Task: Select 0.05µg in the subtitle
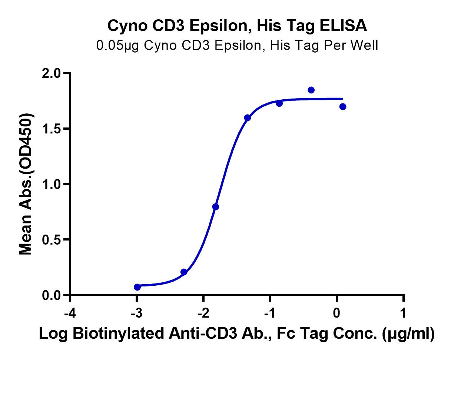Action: click(x=117, y=46)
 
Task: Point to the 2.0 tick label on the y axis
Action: click(x=52, y=73)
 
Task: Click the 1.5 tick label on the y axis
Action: click(x=52, y=129)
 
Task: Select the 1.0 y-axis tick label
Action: click(x=52, y=184)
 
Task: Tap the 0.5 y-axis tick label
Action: click(x=52, y=240)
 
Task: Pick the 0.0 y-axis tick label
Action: click(x=52, y=295)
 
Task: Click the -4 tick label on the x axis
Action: click(x=70, y=313)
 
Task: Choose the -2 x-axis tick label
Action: click(x=203, y=313)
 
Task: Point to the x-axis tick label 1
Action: click(x=403, y=313)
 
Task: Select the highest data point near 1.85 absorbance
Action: click(x=311, y=90)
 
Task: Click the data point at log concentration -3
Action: click(x=137, y=287)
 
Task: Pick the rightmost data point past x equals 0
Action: click(x=343, y=107)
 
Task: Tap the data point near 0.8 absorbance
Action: click(x=215, y=207)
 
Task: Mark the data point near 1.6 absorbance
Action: click(x=247, y=117)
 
